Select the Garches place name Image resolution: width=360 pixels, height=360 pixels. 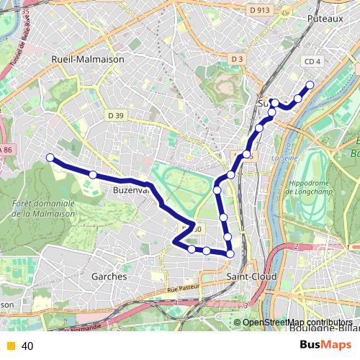coord(109,276)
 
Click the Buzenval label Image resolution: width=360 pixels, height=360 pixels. coord(130,191)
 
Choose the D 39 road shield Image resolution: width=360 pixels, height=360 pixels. coord(116,114)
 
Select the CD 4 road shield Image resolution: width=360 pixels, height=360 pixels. coord(312,63)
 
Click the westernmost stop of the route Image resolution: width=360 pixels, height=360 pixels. coord(50,158)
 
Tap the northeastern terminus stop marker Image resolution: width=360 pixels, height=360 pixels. coord(310,85)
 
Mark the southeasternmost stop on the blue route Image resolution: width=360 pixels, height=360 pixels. coord(230,253)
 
